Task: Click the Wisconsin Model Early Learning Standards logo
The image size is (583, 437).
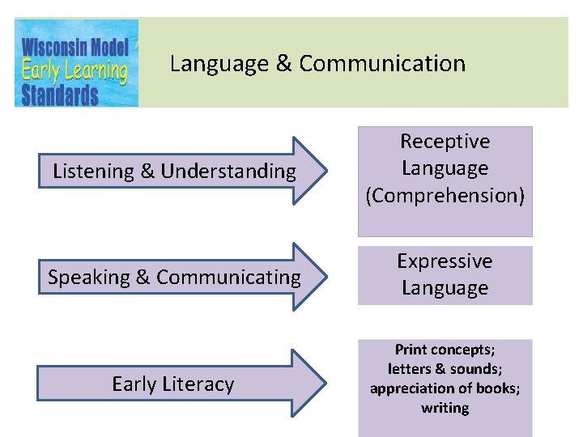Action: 76,63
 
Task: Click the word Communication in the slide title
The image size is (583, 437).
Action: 382,64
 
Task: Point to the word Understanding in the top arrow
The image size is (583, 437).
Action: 229,172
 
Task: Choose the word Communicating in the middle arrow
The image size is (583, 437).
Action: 228,278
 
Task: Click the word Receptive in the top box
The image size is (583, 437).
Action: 445,142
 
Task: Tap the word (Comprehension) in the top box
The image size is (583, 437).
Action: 445,195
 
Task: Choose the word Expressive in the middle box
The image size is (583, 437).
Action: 445,261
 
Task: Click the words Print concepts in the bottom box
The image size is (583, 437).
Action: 445,350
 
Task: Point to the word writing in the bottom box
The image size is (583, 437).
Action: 445,408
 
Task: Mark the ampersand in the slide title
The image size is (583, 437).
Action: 284,64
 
